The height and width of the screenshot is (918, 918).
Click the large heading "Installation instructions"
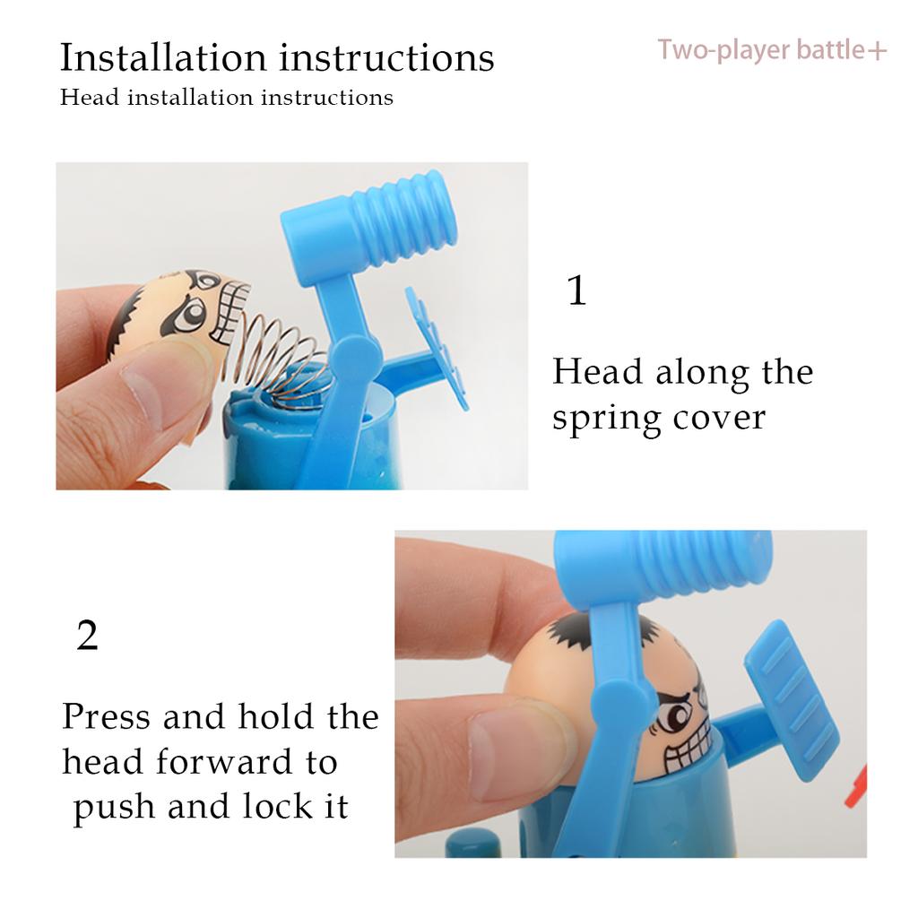pyautogui.click(x=276, y=57)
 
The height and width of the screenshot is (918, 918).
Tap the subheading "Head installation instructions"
pyautogui.click(x=226, y=97)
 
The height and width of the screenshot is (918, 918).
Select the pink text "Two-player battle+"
pyautogui.click(x=772, y=50)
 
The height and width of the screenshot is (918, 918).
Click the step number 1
pyautogui.click(x=576, y=291)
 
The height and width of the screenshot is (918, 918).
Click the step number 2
pyautogui.click(x=87, y=636)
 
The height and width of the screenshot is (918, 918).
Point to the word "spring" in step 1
pyautogui.click(x=604, y=419)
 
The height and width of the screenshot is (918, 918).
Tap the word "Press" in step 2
pyautogui.click(x=106, y=717)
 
